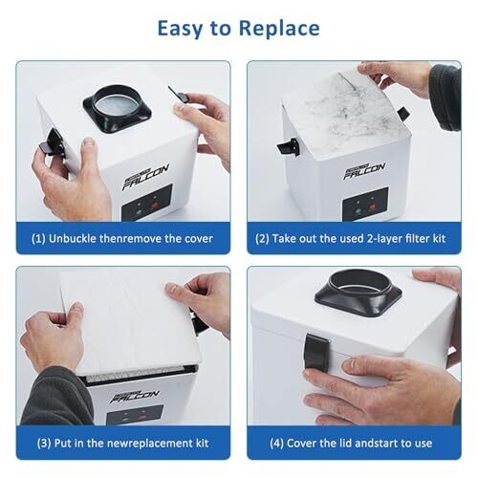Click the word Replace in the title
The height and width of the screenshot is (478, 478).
[x=279, y=29]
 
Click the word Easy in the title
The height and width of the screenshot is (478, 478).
[x=181, y=29]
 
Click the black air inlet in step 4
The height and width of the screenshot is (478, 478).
[x=358, y=293]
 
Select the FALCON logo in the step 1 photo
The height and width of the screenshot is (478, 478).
[x=145, y=177]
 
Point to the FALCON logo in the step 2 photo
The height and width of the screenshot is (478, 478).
[x=364, y=170]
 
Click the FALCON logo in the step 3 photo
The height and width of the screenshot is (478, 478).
[x=135, y=396]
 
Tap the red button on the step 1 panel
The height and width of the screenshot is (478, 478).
[x=154, y=206]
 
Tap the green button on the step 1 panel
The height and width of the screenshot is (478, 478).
[x=139, y=211]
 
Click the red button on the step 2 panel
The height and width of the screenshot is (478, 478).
[x=372, y=207]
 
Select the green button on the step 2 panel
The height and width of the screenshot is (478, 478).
[x=358, y=210]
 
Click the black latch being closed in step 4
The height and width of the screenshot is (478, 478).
[x=316, y=351]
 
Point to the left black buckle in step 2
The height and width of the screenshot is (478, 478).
[x=289, y=147]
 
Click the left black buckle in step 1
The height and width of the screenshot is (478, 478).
[x=52, y=142]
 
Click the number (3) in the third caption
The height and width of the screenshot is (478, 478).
[x=44, y=444]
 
